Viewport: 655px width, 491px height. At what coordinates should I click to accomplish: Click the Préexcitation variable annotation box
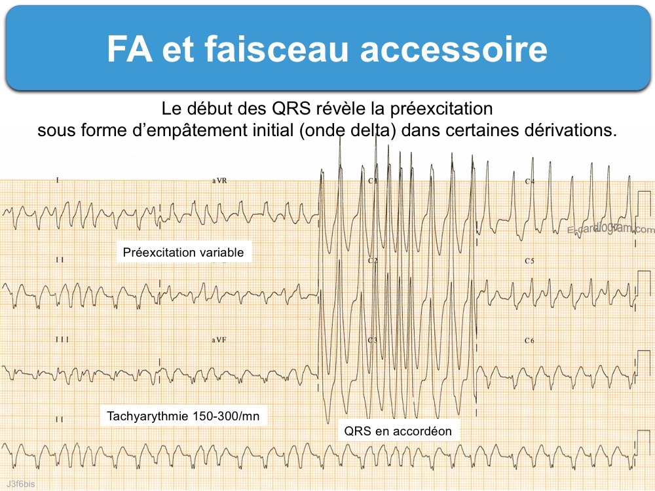coord(183,252)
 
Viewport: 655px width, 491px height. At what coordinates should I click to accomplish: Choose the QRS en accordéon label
coord(398,431)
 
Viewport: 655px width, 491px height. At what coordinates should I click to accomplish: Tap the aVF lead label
coord(219,340)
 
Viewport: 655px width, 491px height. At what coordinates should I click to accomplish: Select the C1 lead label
coord(373,181)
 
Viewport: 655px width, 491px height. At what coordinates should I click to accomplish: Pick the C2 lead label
coord(373,261)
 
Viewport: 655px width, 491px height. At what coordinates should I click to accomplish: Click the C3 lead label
coord(373,340)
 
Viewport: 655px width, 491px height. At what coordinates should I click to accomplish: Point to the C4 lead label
coord(529,181)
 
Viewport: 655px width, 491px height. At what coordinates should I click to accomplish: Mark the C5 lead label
coord(529,261)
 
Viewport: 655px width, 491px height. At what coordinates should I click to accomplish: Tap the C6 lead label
coord(529,340)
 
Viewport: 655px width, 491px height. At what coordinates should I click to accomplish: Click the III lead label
coord(61,340)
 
